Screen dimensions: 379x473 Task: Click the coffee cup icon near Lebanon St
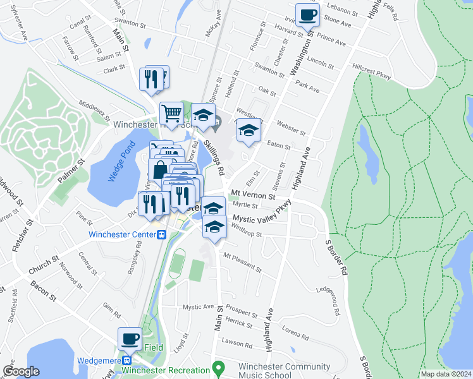pyautogui.click(x=308, y=15)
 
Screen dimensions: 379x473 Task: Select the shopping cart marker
pyautogui.click(x=172, y=114)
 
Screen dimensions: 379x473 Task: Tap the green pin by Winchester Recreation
pyautogui.click(x=218, y=367)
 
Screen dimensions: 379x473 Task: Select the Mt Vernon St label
pyautogui.click(x=253, y=196)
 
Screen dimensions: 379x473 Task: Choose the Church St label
pyautogui.click(x=43, y=265)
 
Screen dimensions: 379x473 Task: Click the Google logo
pyautogui.click(x=21, y=371)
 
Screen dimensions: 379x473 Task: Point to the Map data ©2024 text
pyautogui.click(x=446, y=374)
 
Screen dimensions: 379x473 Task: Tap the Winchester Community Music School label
pyautogui.click(x=284, y=371)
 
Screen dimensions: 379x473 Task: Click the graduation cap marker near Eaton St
pyautogui.click(x=249, y=131)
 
